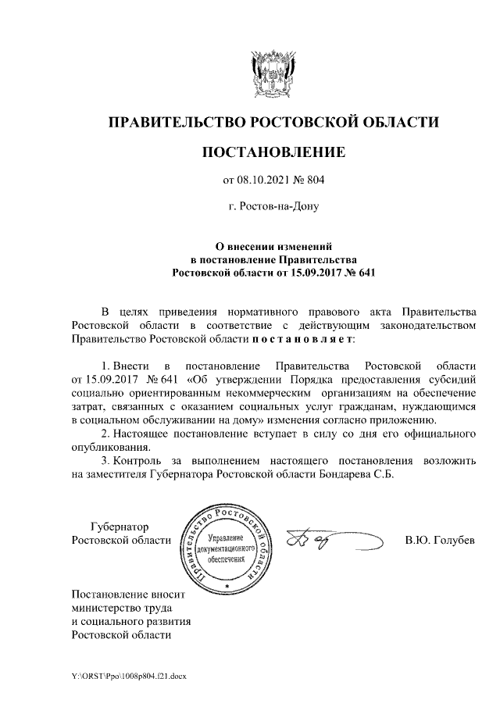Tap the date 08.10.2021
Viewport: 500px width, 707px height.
coord(266,181)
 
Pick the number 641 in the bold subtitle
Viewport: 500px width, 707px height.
coord(367,273)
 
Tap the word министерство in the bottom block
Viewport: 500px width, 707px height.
coord(106,607)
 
